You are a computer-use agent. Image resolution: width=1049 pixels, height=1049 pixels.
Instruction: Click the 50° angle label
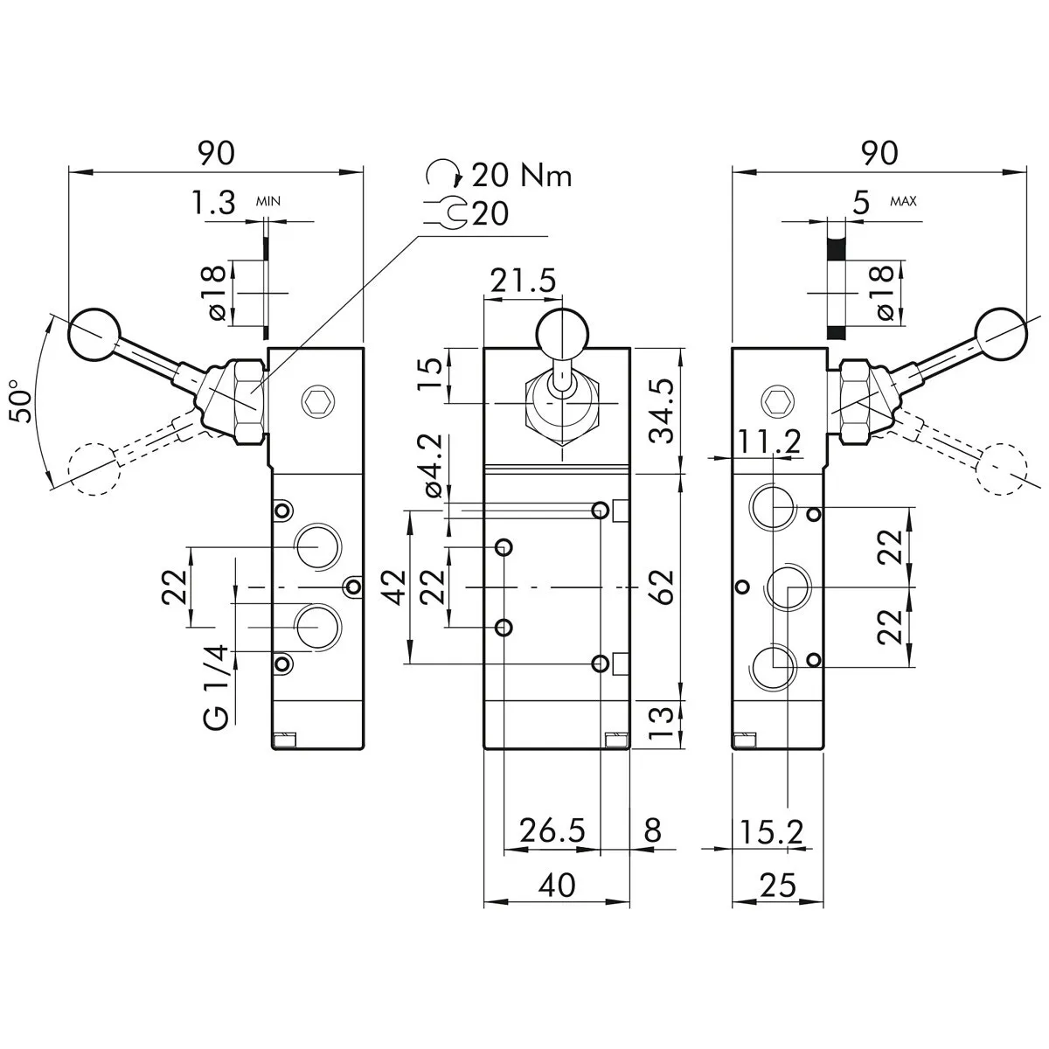pos(24,401)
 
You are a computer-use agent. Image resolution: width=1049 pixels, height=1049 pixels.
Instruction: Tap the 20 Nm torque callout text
pos(522,176)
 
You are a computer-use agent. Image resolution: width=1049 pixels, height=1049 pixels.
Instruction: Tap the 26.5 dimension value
pos(552,830)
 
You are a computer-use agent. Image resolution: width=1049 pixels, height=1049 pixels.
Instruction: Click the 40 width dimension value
pos(557,886)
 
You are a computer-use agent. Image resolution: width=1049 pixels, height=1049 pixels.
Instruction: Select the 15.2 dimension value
pos(772,830)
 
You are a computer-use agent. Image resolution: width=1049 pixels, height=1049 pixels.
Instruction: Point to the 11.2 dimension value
pos(768,442)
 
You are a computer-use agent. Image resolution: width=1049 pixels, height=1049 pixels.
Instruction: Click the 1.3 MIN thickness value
pos(214,204)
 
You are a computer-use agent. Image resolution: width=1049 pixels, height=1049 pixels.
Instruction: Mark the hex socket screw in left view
pos(315,402)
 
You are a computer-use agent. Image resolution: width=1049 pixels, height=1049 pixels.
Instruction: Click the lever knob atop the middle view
pos(561,333)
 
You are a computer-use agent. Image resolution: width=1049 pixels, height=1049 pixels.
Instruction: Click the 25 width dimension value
pos(778,886)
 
